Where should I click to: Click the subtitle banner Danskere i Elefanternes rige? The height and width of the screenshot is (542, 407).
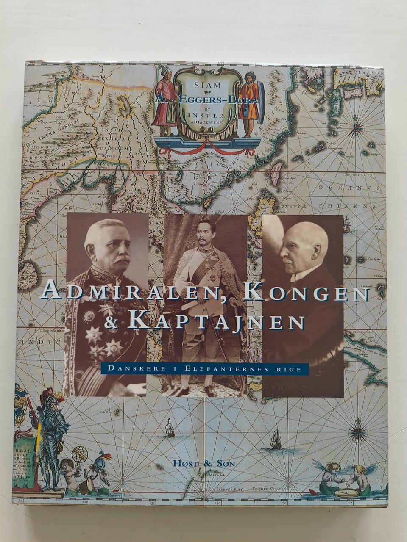[204, 368]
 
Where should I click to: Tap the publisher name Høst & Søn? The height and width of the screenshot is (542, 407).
[204, 463]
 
